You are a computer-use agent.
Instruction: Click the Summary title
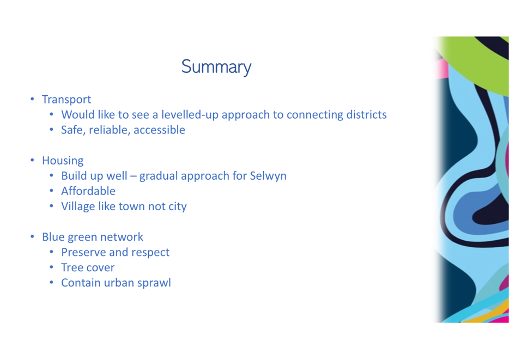coord(216,67)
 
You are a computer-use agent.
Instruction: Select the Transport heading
coord(66,100)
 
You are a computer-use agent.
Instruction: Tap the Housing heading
coord(63,161)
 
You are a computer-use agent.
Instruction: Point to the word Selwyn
coord(268,176)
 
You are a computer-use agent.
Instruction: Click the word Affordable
coord(88,191)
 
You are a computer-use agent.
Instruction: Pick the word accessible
coord(159,130)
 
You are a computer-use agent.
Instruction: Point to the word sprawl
coord(154,283)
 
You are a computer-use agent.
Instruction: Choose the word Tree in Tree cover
coord(71,267)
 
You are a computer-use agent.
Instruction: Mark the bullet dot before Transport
coord(32,99)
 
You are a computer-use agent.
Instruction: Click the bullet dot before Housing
coord(32,160)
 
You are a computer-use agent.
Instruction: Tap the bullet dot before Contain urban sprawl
coord(51,283)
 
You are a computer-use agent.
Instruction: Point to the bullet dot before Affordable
coord(51,191)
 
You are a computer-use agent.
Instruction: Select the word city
coord(178,206)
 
